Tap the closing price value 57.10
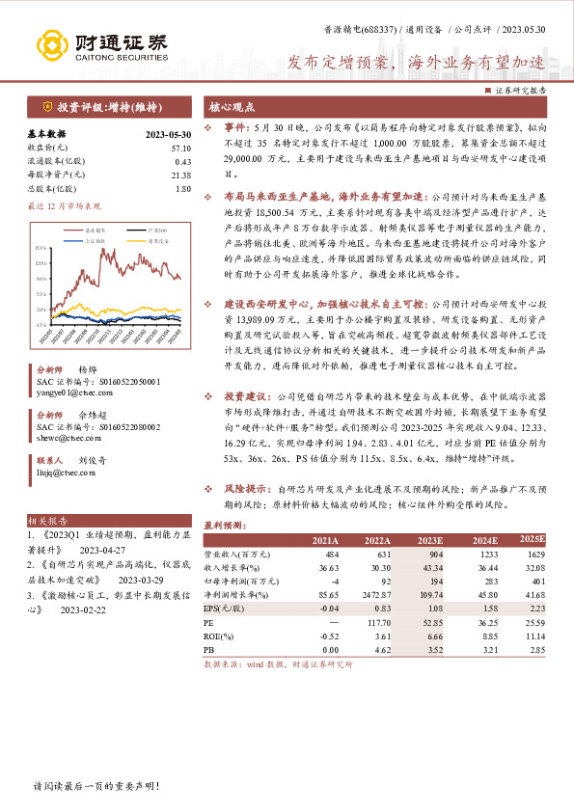click(x=180, y=148)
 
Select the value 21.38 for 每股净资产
click(x=180, y=175)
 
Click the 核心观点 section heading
click(x=232, y=108)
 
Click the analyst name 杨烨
click(x=88, y=370)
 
